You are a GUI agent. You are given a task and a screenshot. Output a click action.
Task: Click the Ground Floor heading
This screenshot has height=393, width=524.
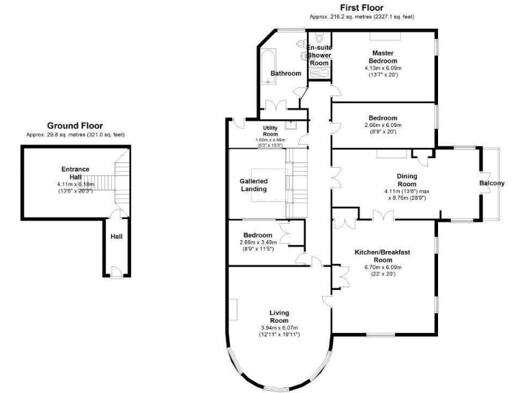[x=75, y=126]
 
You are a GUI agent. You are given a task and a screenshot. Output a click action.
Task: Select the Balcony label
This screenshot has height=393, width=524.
[x=492, y=183]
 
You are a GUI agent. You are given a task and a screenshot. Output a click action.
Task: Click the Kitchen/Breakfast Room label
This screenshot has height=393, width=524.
[x=383, y=256]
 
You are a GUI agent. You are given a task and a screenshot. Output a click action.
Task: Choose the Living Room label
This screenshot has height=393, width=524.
[x=279, y=317]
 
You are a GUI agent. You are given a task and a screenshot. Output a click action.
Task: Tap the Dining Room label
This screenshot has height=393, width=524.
[x=407, y=180]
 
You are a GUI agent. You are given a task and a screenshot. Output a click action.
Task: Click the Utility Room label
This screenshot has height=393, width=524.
[x=277, y=131]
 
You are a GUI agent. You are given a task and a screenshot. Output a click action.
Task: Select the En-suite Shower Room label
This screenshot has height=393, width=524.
[x=319, y=55]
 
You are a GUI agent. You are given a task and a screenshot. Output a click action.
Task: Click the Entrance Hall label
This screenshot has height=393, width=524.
[x=75, y=173]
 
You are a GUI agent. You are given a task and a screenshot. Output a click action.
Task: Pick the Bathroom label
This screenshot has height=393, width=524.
[x=285, y=73]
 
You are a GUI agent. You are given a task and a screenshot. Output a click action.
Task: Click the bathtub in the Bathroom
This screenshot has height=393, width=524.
[x=267, y=66]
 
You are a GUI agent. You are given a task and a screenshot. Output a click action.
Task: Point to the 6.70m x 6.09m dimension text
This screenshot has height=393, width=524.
[x=383, y=267]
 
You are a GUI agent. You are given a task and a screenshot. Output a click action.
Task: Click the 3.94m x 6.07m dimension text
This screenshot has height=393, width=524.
[x=279, y=328]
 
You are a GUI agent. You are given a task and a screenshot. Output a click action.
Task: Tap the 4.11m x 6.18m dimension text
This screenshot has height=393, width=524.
[x=75, y=185]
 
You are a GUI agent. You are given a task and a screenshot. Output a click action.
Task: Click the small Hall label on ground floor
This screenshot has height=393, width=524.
[x=117, y=237]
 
